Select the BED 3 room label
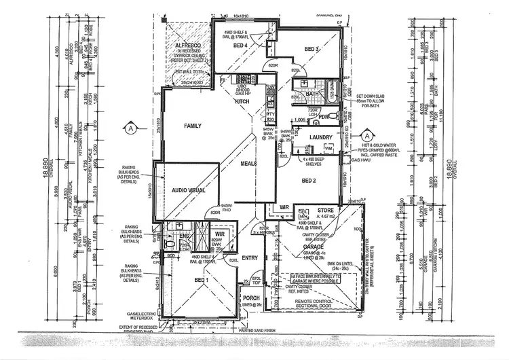pos(312,50)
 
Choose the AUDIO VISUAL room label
pos(188,191)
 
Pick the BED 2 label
pos(309,180)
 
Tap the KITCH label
pos(242,102)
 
